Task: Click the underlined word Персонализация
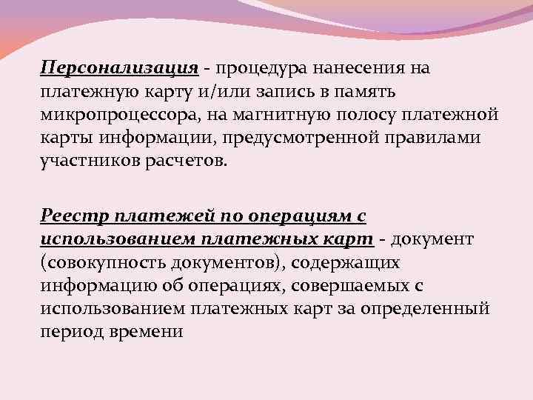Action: click(119, 69)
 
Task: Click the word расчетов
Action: click(182, 162)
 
